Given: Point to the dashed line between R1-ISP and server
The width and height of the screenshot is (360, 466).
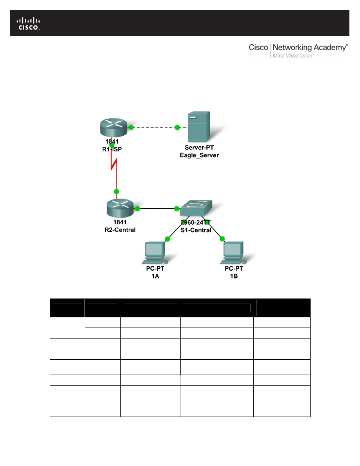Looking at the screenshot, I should [x=154, y=127].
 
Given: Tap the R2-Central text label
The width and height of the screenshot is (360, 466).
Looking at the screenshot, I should [x=117, y=229].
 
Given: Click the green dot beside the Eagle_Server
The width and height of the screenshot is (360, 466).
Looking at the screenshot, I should [x=177, y=127].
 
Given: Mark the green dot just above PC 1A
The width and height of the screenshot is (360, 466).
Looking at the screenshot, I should [x=167, y=238].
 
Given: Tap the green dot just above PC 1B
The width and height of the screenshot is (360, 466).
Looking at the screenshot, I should [x=222, y=238].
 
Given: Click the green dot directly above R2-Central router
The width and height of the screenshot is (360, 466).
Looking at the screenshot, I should [x=116, y=191].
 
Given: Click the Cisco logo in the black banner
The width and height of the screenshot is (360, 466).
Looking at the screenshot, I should [x=29, y=23].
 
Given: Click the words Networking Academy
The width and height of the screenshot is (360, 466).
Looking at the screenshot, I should [x=309, y=47].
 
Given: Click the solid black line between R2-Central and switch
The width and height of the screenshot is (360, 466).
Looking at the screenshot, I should [x=155, y=209].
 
